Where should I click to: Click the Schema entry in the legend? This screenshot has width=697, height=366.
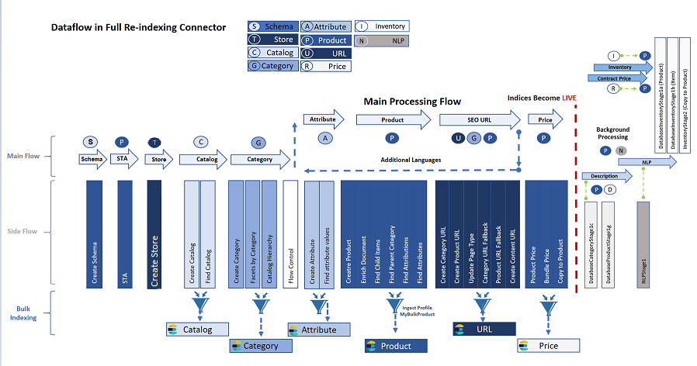coord(271,26)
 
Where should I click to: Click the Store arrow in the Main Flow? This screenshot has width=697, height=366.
coord(159,159)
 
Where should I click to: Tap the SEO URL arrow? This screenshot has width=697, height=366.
coord(480,119)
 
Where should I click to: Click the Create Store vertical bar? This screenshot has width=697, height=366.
coord(154,233)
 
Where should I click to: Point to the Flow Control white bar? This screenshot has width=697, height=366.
coord(290,233)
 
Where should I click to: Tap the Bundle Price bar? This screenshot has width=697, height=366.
coord(546,233)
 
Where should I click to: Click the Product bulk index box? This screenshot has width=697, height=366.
coord(396,346)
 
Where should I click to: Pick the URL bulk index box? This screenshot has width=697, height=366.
coord(484,329)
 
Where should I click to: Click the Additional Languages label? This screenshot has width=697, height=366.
coord(411,159)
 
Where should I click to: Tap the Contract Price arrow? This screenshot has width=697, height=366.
coord(614,78)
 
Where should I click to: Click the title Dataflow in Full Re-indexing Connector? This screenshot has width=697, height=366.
coord(138,27)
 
